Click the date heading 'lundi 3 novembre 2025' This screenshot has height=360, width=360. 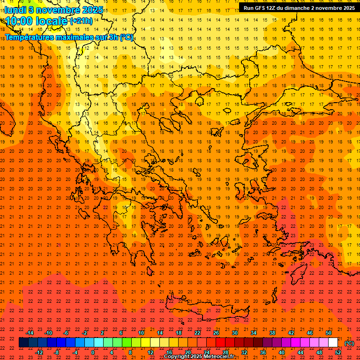click(x=54, y=9)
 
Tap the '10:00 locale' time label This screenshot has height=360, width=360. click(x=37, y=21)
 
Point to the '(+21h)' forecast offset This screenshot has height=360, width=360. click(x=81, y=21)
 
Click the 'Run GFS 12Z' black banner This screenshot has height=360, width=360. click(x=299, y=8)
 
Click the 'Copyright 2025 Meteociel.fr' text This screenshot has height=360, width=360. click(x=199, y=357)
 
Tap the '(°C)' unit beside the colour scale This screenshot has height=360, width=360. click(x=349, y=343)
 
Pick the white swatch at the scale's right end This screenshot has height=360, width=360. click(x=333, y=343)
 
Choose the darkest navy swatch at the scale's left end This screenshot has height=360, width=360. click(x=23, y=343)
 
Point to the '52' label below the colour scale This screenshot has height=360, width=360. click(x=338, y=352)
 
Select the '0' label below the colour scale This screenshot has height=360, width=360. click(x=93, y=352)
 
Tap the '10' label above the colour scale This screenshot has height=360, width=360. click(x=141, y=333)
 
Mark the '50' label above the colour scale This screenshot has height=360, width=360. click(x=329, y=333)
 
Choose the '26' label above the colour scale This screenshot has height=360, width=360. click(x=216, y=333)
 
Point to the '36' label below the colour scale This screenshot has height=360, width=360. click(x=263, y=352)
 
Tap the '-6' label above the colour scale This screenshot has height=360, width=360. click(x=66, y=333)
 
